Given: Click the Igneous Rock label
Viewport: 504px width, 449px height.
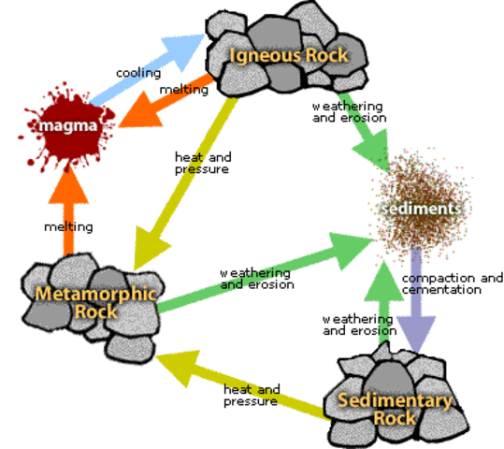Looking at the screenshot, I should click(x=288, y=54).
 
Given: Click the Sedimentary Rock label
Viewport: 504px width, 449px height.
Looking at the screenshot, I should click(x=394, y=409).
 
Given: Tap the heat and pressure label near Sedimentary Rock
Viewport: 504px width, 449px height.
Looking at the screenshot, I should click(x=252, y=395).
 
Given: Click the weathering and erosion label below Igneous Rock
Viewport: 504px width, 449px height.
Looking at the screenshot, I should click(x=347, y=112).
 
